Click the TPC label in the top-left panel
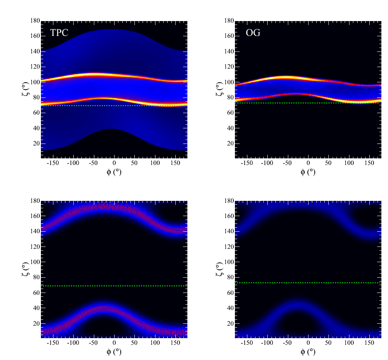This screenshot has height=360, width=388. (59, 33)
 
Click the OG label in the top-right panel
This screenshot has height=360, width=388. (253, 33)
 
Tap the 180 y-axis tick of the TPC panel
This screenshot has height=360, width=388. (34, 21)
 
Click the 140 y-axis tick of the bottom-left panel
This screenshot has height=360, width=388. (34, 231)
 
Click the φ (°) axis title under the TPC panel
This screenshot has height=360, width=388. (114, 172)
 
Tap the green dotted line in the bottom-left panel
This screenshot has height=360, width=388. (114, 286)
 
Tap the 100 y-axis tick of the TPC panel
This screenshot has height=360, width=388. (34, 82)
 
